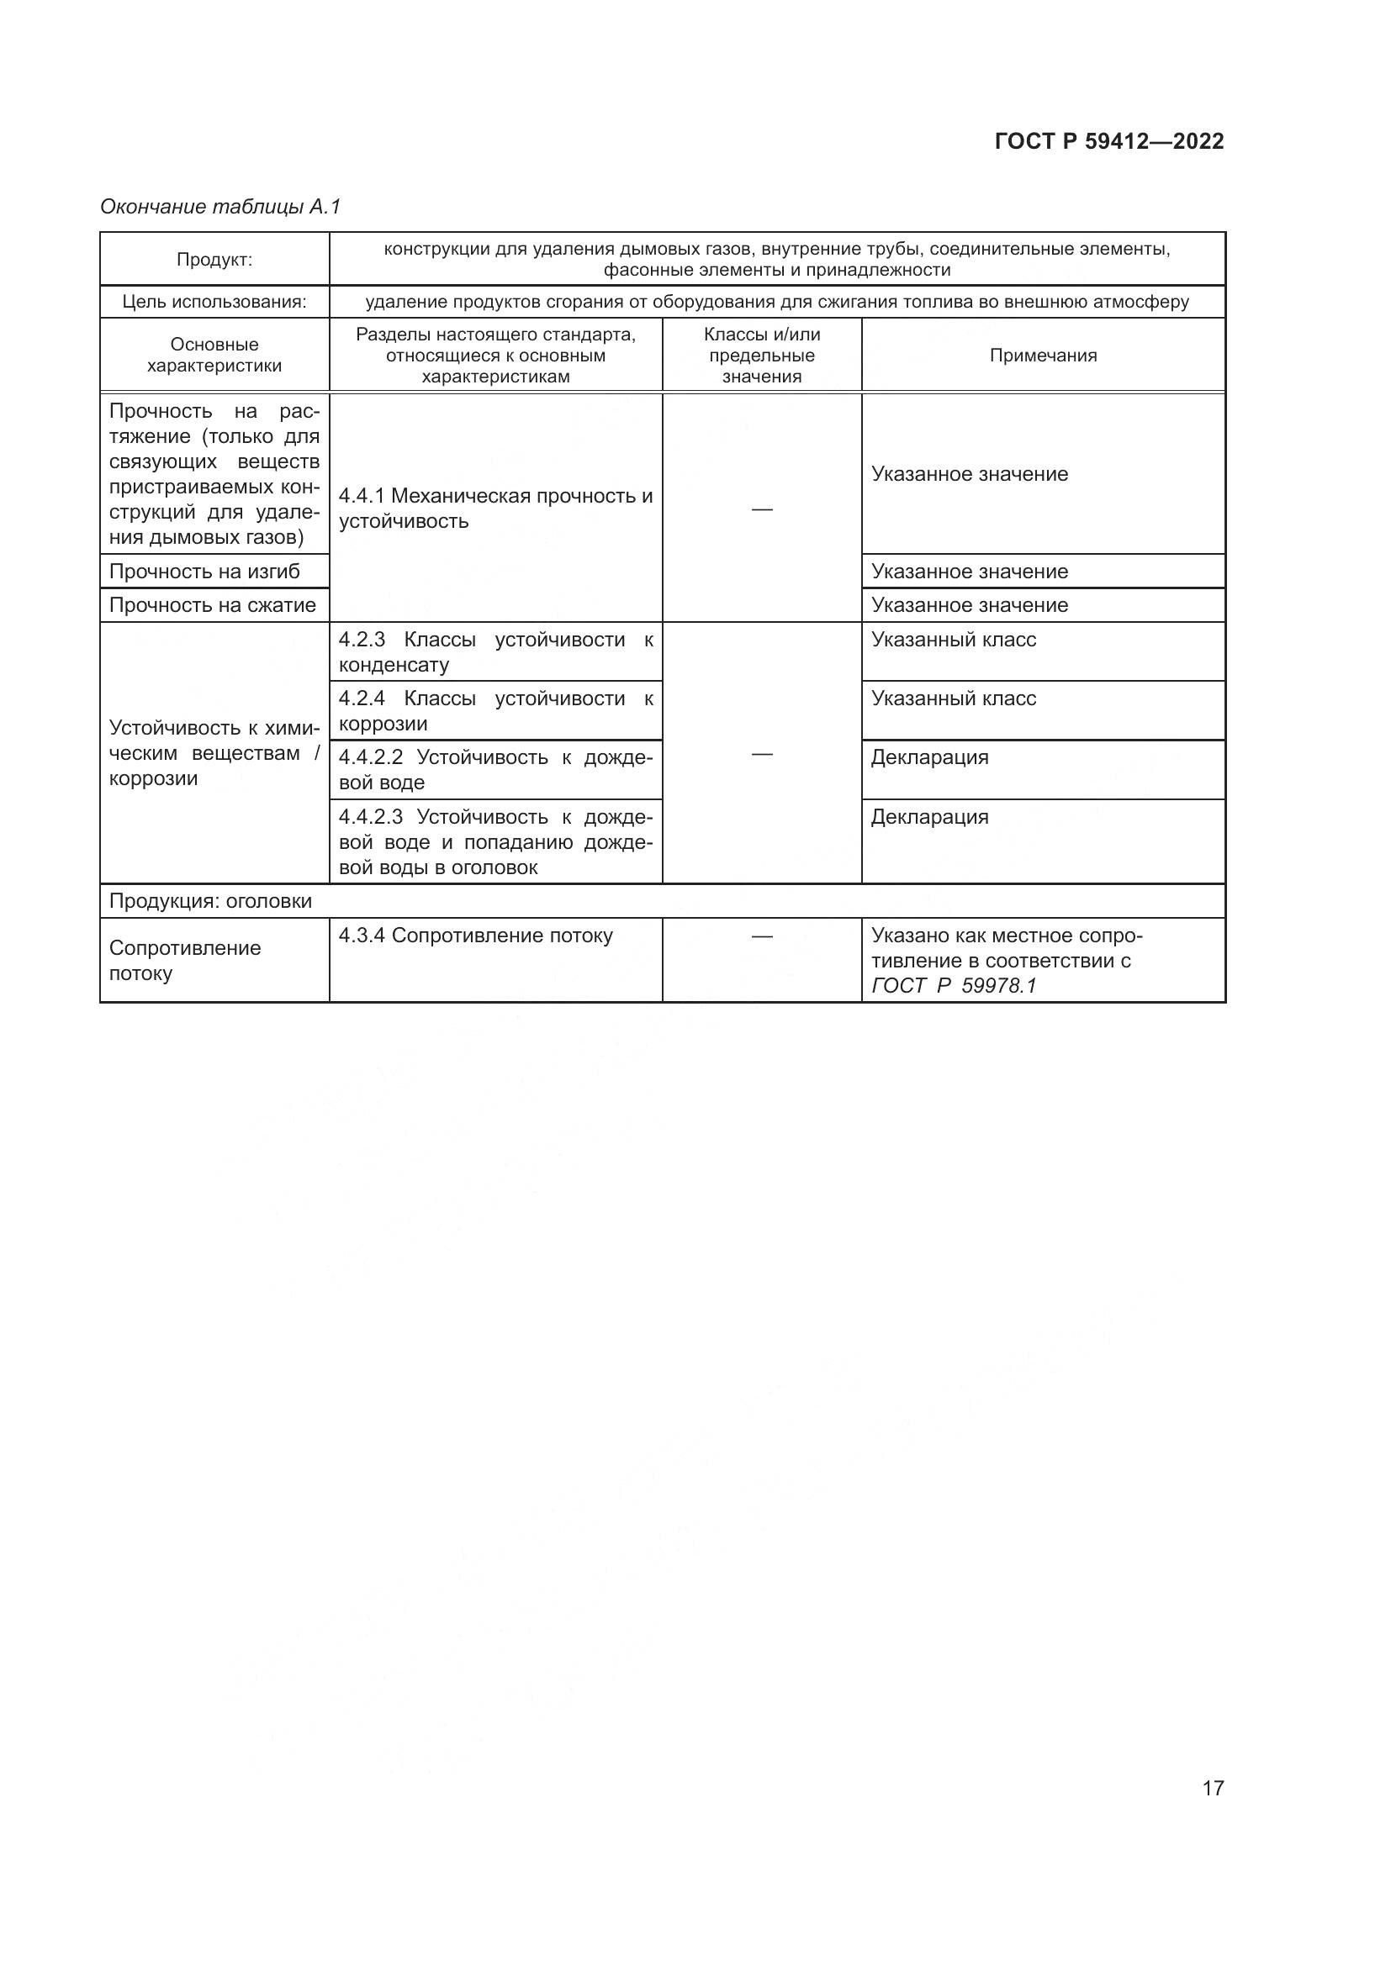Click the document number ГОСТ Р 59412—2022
point(1109,141)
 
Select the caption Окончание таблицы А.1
point(220,207)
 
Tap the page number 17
point(1213,1788)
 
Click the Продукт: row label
point(214,260)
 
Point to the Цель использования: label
point(214,302)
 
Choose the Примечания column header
point(1042,356)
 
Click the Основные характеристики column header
point(214,356)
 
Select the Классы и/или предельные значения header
point(761,356)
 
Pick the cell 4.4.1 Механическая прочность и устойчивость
point(495,509)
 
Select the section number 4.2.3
point(362,640)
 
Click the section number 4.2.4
point(362,698)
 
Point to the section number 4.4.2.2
point(370,758)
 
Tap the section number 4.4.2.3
point(370,817)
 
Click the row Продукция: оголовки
point(211,901)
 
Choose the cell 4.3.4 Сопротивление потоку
point(475,936)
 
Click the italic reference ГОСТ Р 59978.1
point(954,986)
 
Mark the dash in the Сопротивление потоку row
point(761,936)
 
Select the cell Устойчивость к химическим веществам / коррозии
point(214,753)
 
